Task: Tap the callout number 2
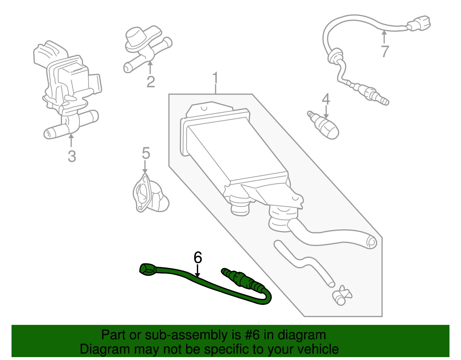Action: point(151,82)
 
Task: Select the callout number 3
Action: point(72,157)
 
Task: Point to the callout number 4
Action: point(326,99)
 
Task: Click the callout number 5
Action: point(146,153)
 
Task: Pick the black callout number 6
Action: point(198,257)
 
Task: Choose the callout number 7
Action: point(385,52)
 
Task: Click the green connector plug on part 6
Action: point(147,269)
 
